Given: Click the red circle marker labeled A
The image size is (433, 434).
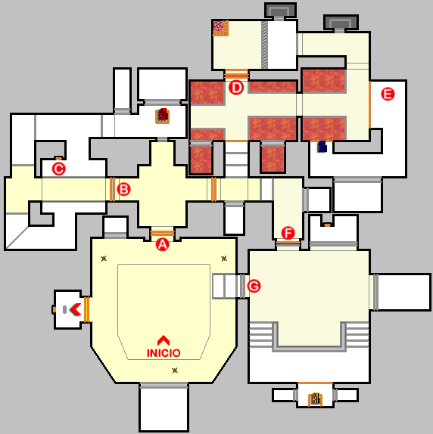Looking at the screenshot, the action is tap(162, 245).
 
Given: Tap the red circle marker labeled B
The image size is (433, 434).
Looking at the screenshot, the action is tap(123, 190).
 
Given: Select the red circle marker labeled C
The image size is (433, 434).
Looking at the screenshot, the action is tap(59, 169).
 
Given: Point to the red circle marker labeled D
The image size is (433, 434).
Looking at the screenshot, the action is tap(236, 88).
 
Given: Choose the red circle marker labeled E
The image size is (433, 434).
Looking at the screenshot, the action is tap(388, 94).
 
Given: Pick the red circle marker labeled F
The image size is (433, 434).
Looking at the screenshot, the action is tap(288, 233).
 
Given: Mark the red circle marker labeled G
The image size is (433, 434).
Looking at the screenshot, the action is tap(254, 286).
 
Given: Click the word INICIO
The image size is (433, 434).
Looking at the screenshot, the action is tap(164, 353).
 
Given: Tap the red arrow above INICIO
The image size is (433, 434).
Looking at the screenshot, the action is tap(164, 340).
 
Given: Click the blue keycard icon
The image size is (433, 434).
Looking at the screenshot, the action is tap(322, 147).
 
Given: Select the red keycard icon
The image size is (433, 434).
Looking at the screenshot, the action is tap(163, 116).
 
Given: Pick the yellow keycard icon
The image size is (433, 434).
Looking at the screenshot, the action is tap(315, 399).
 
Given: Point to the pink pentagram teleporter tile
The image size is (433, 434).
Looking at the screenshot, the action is tap(219, 26).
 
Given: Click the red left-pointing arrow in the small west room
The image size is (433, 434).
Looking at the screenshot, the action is tap(76, 309).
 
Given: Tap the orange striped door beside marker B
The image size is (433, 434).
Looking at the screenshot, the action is tap(112, 189).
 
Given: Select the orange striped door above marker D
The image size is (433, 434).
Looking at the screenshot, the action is tap(236, 74).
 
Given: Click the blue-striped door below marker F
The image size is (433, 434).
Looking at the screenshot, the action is tap(288, 243).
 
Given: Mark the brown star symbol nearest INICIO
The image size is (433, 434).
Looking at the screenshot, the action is tap(175, 370).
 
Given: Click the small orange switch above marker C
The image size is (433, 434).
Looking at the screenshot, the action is tap(58, 158).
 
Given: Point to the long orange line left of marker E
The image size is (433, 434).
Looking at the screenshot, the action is tap(370, 104).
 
